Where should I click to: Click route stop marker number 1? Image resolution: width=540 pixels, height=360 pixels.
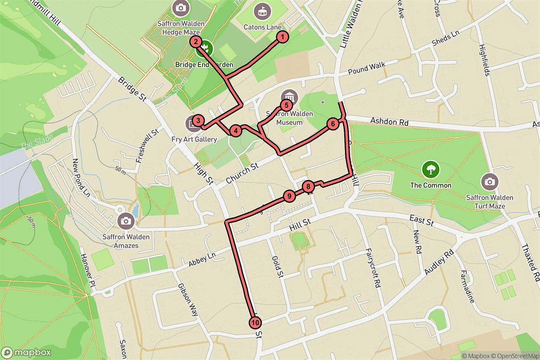click(x=282, y=37)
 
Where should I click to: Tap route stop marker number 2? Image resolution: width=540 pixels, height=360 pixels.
click(x=196, y=42)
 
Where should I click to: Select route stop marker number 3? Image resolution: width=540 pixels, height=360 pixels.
click(x=197, y=121)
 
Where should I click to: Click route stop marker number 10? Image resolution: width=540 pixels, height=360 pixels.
click(x=255, y=323)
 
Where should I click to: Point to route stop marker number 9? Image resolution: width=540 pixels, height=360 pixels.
click(x=289, y=196)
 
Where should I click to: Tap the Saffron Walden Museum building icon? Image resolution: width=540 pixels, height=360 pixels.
click(x=289, y=97)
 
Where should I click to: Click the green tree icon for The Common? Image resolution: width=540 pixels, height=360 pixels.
click(x=431, y=170)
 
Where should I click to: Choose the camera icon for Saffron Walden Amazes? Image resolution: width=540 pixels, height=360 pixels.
click(x=125, y=220)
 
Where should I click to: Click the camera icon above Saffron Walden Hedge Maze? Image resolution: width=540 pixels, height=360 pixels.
click(x=180, y=8)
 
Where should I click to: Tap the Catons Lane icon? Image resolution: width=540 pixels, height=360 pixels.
click(x=262, y=10)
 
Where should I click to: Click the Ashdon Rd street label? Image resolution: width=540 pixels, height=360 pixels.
click(x=387, y=121)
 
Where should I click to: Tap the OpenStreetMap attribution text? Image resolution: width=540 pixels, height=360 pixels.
click(x=516, y=355)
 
